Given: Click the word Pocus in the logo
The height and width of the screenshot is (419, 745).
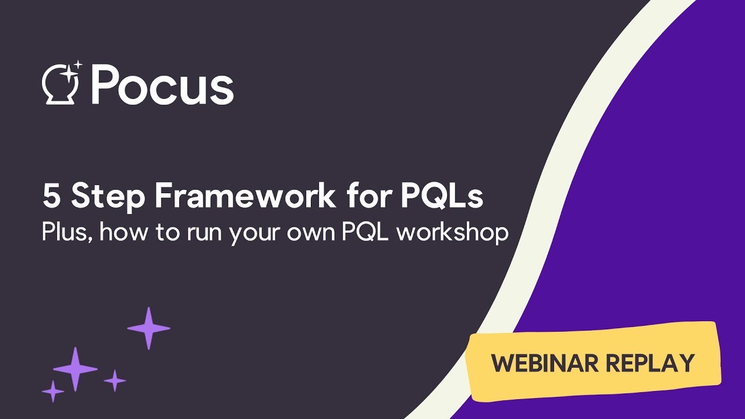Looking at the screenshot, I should [162, 86].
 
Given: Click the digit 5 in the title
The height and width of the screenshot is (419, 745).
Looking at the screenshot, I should [51, 197].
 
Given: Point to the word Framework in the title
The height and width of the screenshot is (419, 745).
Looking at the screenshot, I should [245, 197].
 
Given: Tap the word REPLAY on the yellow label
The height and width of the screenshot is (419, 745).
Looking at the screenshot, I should [651, 363].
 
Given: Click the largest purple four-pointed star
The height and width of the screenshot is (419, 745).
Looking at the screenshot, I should [75, 368].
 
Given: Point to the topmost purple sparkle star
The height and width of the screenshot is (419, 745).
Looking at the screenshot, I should [148, 328].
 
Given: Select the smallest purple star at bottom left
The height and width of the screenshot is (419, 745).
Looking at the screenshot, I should [53, 391].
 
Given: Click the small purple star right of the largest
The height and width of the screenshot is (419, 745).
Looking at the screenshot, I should [115, 381].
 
